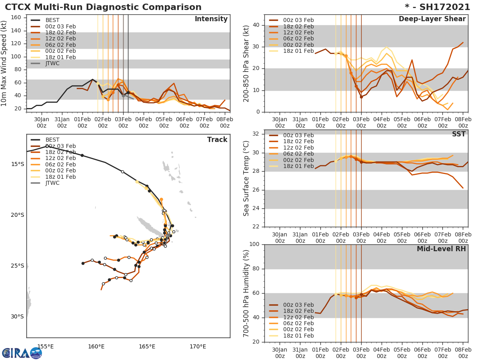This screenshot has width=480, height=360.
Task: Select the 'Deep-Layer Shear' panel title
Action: [x=432, y=19]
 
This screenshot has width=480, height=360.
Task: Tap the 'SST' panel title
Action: [x=458, y=134]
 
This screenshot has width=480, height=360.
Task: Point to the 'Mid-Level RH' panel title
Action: [x=441, y=249]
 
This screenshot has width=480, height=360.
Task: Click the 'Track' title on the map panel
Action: [x=217, y=140]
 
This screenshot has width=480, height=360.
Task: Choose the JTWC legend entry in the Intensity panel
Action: [x=52, y=63]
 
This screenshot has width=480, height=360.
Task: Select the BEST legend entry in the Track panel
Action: [x=52, y=140]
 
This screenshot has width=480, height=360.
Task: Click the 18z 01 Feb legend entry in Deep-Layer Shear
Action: [x=298, y=51]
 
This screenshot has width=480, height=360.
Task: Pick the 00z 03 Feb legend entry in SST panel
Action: [x=298, y=135]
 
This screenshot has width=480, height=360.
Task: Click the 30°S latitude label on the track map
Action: [x=17, y=317]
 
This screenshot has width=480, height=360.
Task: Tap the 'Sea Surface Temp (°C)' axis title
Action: [x=246, y=178]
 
